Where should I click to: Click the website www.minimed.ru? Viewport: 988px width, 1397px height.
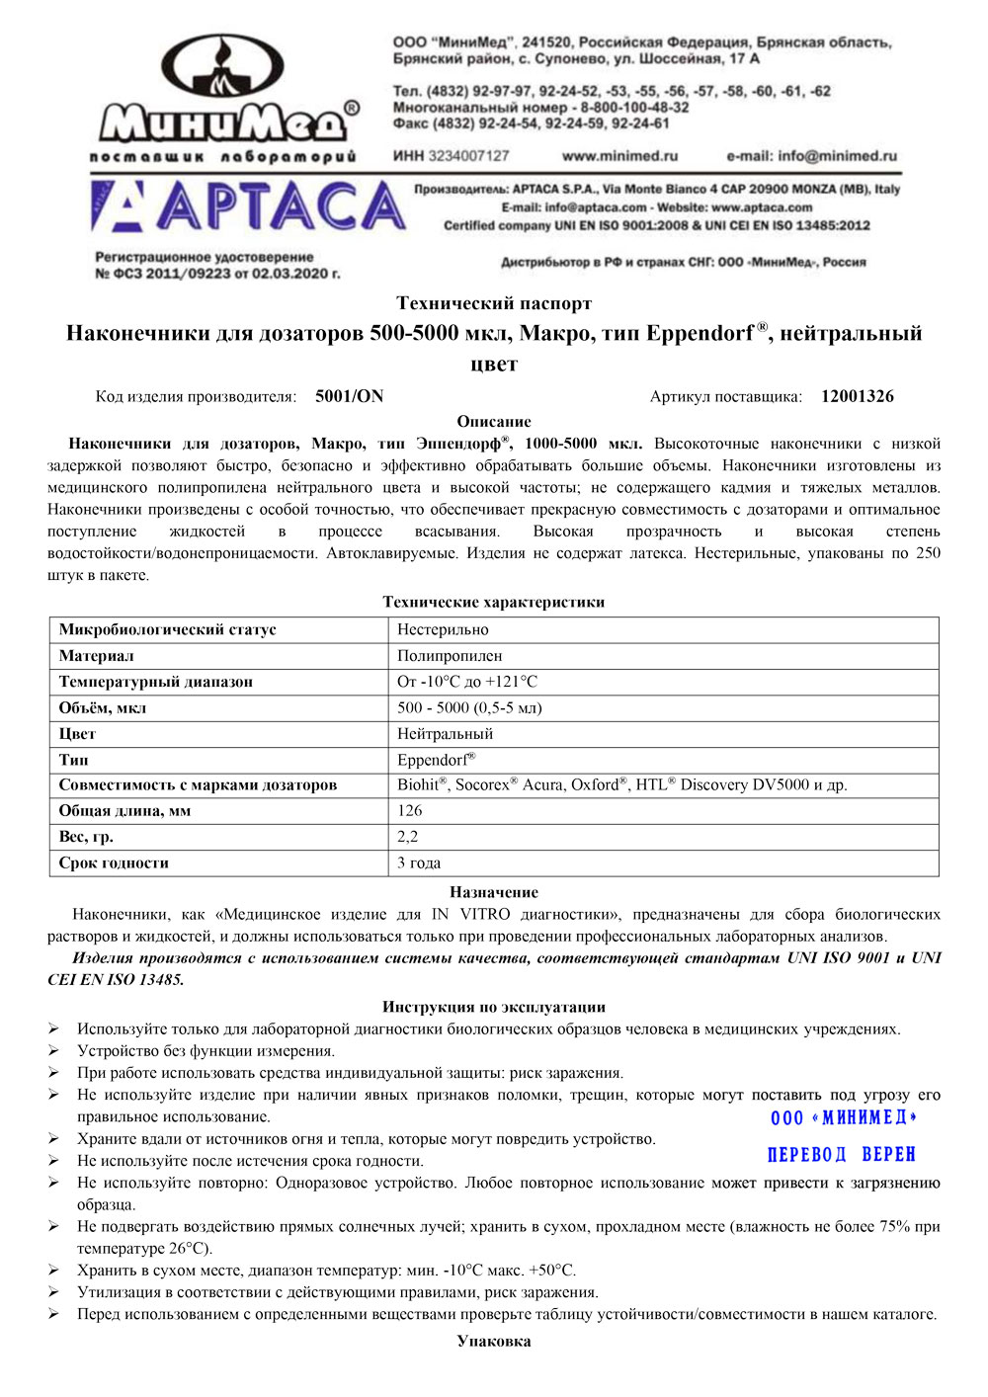click(619, 156)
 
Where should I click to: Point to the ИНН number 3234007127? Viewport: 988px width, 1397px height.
click(468, 156)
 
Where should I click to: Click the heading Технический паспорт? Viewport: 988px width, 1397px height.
click(494, 303)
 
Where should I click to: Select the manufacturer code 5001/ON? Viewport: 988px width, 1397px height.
click(349, 396)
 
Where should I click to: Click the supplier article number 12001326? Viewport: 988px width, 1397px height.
click(857, 396)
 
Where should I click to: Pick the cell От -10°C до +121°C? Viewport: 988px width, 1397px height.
click(467, 682)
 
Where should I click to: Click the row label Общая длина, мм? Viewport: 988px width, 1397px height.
click(124, 811)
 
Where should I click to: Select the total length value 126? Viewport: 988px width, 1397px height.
click(409, 811)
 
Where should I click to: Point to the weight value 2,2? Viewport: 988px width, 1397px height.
click(407, 837)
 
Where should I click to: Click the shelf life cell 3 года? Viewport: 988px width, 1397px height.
click(419, 863)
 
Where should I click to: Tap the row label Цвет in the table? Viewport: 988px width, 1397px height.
click(77, 734)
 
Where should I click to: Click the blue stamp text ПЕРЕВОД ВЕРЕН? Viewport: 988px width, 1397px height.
click(841, 1155)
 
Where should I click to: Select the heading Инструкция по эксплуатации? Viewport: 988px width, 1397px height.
click(494, 1007)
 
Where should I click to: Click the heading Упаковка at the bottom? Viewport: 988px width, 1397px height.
click(494, 1341)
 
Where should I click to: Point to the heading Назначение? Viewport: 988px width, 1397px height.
click(494, 892)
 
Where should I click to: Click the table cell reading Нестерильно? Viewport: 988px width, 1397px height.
click(443, 630)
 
